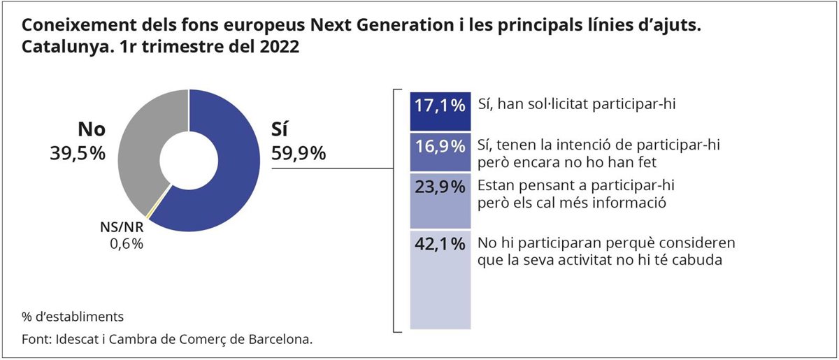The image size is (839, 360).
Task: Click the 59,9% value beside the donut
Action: tap(299, 154)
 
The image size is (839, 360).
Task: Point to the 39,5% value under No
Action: tap(78, 154)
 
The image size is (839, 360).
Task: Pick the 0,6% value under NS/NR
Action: tap(126, 244)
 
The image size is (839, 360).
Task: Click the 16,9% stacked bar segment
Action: tap(438, 152)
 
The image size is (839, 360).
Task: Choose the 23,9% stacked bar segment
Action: tap(438, 201)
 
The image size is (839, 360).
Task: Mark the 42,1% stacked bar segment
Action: tap(438, 280)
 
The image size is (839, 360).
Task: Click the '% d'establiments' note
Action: tap(73, 317)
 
